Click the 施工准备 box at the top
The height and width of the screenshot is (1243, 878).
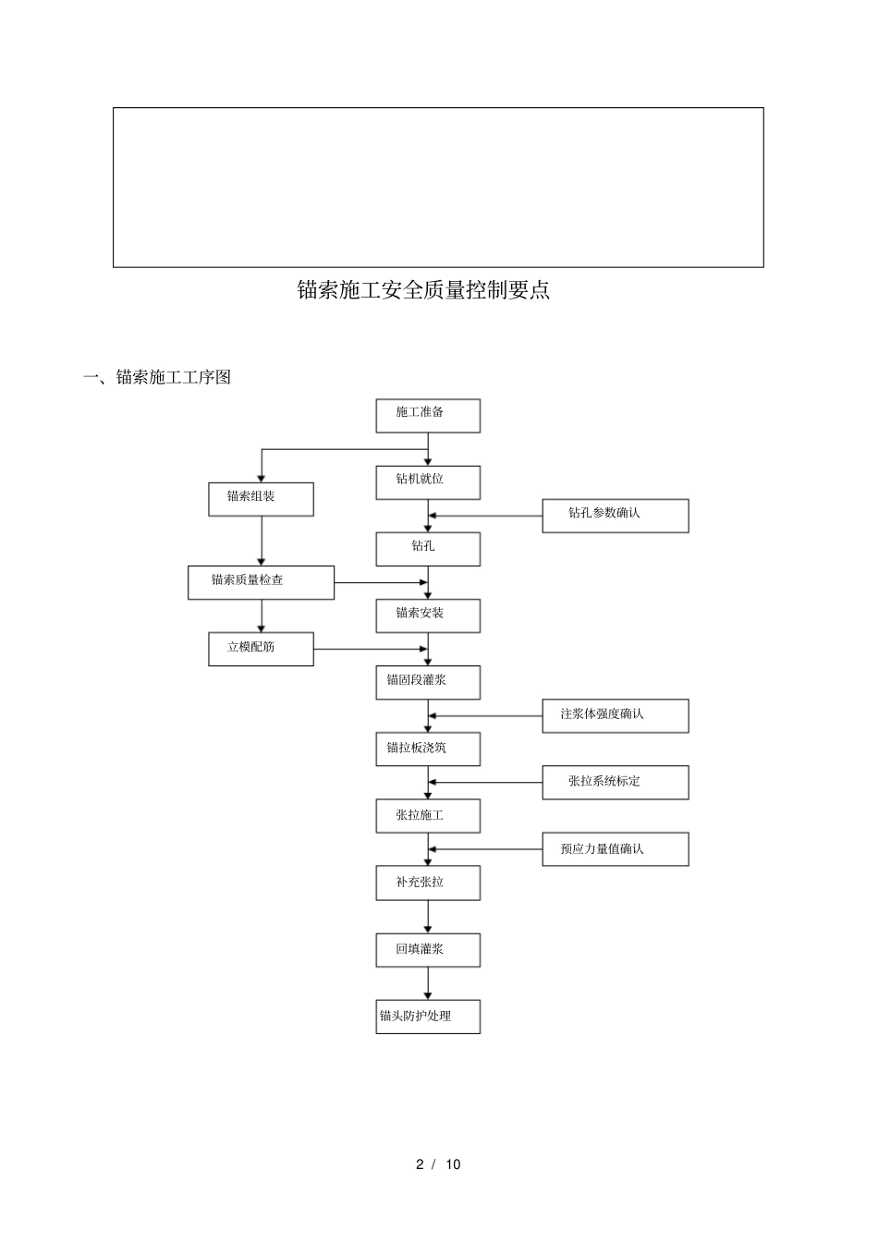tap(427, 415)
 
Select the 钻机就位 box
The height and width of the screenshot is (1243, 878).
tap(427, 481)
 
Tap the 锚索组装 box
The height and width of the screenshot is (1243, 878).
tap(261, 498)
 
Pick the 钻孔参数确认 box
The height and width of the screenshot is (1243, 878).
tap(615, 515)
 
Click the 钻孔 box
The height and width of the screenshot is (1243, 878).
tap(427, 548)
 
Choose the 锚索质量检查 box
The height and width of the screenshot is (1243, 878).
tap(261, 582)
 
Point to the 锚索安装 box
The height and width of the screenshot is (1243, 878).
tap(427, 615)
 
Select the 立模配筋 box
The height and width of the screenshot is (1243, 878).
tap(261, 649)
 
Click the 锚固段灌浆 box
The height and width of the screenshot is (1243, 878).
tap(427, 682)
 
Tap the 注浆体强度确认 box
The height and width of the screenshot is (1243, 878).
tap(615, 716)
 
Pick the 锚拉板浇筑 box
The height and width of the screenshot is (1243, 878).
tap(427, 749)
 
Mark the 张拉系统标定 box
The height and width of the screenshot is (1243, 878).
tap(615, 783)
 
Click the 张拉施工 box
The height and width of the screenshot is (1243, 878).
tap(427, 816)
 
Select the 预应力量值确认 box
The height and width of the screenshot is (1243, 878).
tap(615, 849)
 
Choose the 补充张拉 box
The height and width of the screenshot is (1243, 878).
tap(427, 884)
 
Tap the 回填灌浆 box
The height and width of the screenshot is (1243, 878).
tap(427, 950)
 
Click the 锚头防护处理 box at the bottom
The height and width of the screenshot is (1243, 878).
tap(427, 1017)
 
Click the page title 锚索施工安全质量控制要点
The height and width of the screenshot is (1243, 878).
tap(423, 290)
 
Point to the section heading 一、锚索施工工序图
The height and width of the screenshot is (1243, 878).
tap(156, 377)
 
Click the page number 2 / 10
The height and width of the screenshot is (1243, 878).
tap(438, 1164)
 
